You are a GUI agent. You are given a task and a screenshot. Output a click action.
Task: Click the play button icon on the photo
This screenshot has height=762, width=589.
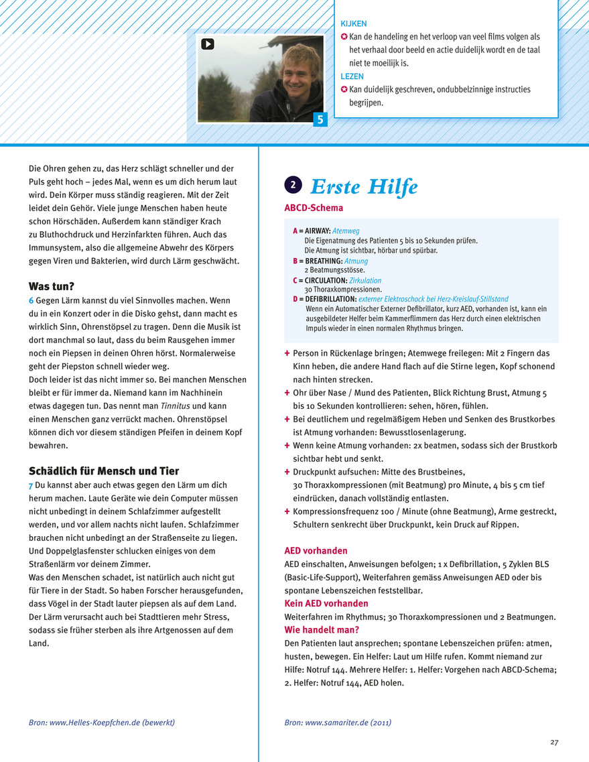(207, 44)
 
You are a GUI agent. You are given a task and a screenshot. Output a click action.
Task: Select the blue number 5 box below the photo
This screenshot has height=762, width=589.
(320, 121)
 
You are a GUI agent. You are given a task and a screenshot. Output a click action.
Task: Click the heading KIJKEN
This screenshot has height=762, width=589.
(354, 24)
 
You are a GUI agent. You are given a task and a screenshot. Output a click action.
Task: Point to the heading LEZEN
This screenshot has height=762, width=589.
(352, 76)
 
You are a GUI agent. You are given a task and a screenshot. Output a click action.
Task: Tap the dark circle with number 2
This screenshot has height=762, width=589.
(293, 184)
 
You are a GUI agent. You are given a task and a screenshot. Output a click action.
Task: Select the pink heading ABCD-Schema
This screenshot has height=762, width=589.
(314, 208)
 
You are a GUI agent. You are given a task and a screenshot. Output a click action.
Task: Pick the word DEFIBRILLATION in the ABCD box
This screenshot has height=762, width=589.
(328, 299)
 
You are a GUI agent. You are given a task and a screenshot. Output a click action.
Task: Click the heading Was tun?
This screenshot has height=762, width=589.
(51, 286)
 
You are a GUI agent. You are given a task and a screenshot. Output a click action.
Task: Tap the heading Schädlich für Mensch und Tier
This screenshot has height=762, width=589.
(104, 470)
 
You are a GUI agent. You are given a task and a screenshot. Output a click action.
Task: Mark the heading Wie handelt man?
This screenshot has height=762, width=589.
(322, 629)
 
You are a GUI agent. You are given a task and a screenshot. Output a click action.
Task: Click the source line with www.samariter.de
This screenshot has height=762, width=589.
(338, 722)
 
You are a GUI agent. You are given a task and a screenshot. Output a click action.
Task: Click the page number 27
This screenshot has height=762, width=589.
(554, 742)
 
